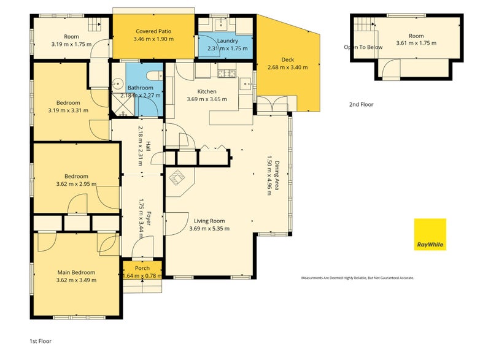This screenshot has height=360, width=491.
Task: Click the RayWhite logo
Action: tap(430, 234)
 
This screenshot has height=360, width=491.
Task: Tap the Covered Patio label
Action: tap(153, 31)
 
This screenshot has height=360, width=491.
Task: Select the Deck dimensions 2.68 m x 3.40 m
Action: tap(287, 67)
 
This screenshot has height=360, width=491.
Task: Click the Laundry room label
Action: tap(227, 40)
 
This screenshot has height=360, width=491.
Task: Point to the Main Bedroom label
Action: tap(76, 272)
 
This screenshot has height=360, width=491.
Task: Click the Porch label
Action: tap(142, 268)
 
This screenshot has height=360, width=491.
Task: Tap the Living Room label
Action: tap(209, 221)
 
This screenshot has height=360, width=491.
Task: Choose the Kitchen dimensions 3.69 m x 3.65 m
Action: tap(207, 99)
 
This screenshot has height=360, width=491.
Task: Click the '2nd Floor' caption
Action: tap(361, 104)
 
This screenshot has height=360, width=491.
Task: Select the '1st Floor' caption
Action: tap(41, 341)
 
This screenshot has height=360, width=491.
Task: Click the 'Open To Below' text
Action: tap(363, 47)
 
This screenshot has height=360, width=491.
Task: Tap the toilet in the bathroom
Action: tap(155, 75)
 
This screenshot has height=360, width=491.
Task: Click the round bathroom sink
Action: tap(118, 83)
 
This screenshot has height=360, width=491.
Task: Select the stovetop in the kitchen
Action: tap(226, 74)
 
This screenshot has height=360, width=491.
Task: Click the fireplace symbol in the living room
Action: tap(177, 178)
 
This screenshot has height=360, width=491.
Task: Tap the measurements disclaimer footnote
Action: tap(358, 278)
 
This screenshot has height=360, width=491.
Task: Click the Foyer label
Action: tap(149, 218)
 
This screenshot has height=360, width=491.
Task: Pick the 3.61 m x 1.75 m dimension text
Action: tap(416, 43)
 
